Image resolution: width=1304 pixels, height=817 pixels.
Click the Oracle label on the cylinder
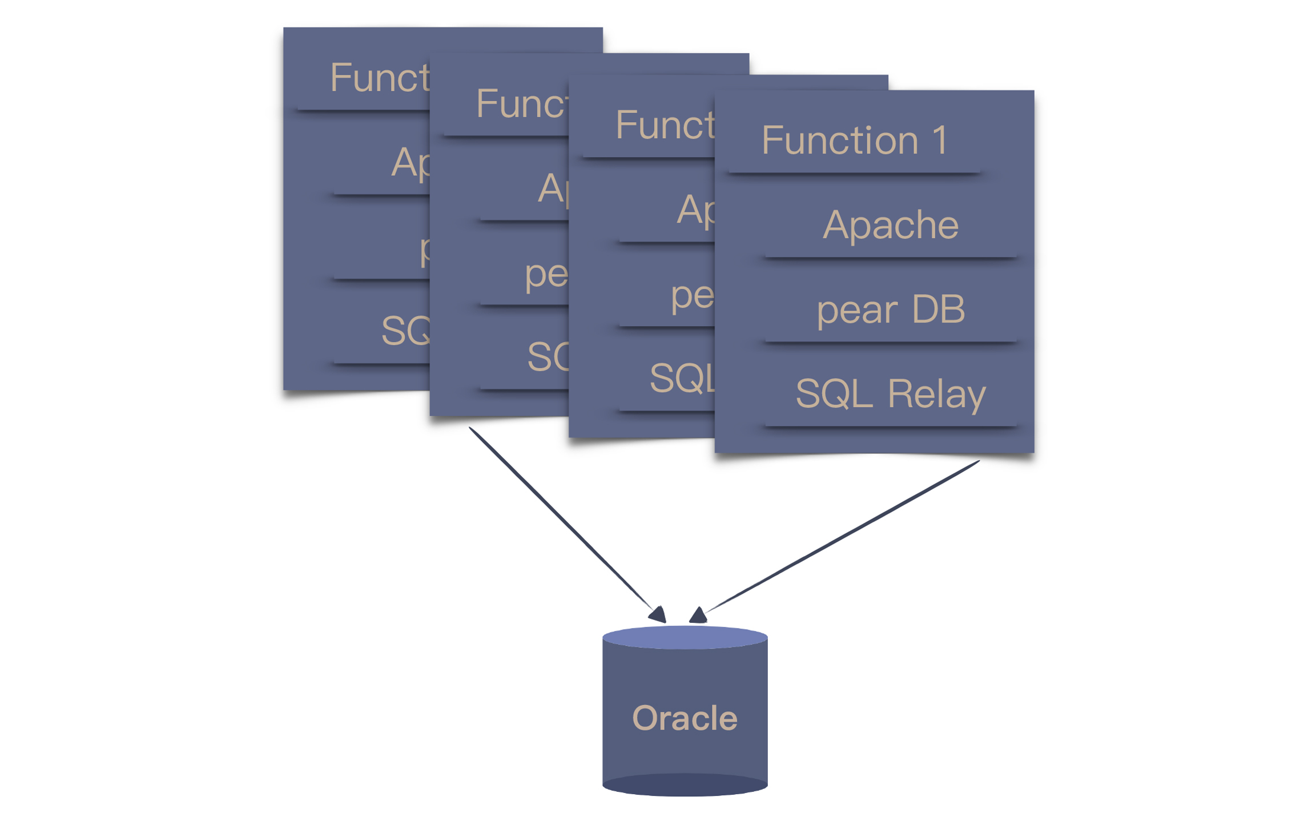(x=684, y=718)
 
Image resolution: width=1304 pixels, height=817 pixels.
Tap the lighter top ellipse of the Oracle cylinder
(x=684, y=638)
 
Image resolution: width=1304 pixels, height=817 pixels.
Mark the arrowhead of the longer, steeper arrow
(x=658, y=614)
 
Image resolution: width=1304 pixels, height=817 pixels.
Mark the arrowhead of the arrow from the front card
(x=698, y=615)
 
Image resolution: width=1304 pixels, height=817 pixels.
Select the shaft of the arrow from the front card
(x=839, y=537)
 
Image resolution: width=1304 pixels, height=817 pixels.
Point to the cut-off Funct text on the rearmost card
(x=379, y=78)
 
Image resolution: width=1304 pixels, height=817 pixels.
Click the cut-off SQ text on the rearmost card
(x=405, y=331)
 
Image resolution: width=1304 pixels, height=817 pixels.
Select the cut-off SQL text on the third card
(x=682, y=378)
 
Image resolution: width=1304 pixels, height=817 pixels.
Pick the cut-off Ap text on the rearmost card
(x=410, y=163)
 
